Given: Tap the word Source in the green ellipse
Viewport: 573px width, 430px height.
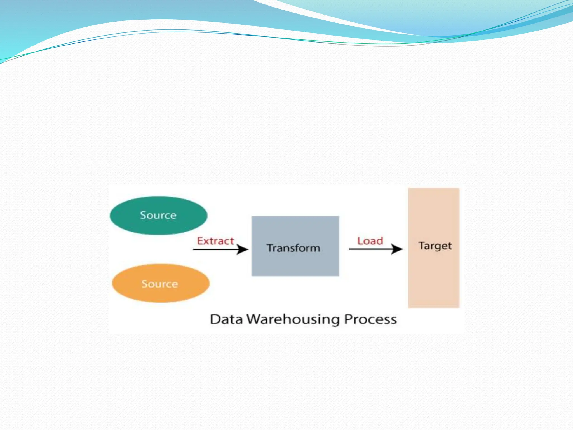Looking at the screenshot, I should click(158, 215).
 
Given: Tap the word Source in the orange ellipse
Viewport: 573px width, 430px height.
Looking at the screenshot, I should click(159, 284).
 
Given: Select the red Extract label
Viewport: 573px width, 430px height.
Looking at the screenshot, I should click(215, 241).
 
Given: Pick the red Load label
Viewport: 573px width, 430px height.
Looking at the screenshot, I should click(370, 241).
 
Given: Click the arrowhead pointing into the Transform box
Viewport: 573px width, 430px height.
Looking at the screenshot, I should click(242, 249).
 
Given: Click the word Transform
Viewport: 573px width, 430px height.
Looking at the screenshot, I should click(293, 248).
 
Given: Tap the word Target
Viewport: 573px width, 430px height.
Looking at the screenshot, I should click(435, 246).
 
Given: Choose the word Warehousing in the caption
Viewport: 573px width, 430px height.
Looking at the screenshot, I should click(293, 319).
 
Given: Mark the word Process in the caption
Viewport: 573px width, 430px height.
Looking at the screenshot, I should click(370, 319).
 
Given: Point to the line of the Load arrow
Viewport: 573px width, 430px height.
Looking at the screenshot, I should click(369, 249).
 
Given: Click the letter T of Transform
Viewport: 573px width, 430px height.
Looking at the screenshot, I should click(270, 248).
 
